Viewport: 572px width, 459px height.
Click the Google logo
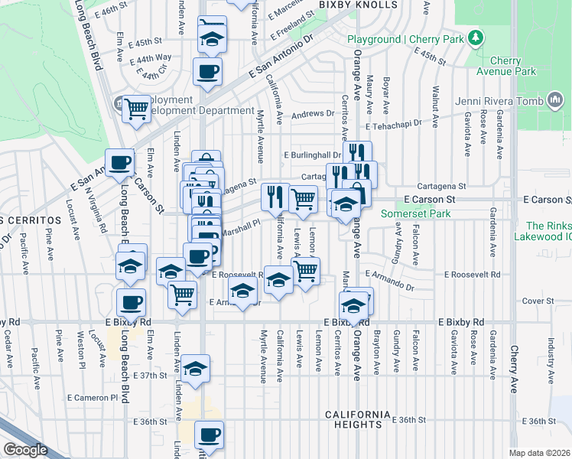coord(25,450)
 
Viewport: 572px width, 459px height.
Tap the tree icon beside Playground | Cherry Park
coord(476,37)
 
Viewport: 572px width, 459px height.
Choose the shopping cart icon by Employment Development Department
coord(136,109)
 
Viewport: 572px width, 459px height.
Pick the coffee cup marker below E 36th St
coord(209,435)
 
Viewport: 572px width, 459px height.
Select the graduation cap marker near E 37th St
coord(196,368)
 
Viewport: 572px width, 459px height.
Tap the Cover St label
coord(538,301)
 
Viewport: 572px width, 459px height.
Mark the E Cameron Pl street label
coord(93,398)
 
